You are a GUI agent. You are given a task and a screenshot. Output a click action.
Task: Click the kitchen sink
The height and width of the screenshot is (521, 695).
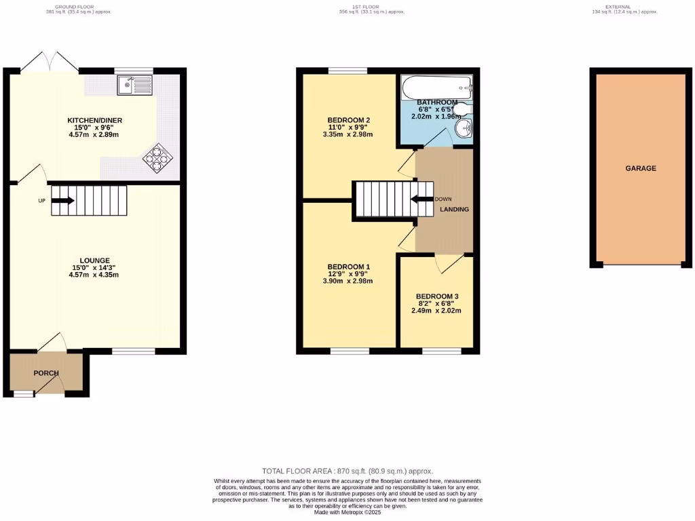[134, 85]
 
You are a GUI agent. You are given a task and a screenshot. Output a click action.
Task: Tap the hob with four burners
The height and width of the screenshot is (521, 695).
[157, 157]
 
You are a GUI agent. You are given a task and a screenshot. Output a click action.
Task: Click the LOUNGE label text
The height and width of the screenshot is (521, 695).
[94, 260]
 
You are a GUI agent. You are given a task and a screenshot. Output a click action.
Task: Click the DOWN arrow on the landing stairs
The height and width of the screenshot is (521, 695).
[422, 199]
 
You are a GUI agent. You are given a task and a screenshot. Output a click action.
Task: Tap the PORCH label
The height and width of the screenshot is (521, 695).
[46, 373]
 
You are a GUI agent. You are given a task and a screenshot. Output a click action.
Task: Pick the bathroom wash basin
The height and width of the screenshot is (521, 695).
[463, 130]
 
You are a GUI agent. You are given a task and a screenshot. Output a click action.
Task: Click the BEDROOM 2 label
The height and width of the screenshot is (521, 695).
[349, 120]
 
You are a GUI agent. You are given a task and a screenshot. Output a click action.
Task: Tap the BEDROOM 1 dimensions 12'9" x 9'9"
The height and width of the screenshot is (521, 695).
[349, 273]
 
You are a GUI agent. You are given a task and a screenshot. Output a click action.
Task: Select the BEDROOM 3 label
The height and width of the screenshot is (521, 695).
[437, 296]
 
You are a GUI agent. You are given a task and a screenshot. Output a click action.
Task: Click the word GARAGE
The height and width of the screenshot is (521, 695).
[641, 168]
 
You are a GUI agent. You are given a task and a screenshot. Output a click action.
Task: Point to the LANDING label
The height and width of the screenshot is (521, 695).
[454, 210]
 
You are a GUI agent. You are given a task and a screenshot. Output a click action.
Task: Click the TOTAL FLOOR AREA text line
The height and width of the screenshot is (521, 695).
[347, 471]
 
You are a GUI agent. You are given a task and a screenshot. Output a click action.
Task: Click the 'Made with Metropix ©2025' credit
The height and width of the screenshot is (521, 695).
[347, 512]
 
